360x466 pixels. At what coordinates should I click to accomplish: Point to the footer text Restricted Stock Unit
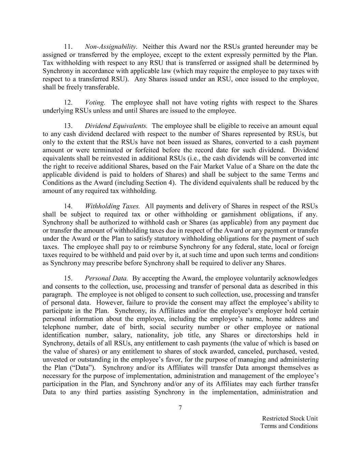point(290,419)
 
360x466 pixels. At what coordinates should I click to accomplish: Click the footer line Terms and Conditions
point(289,426)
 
